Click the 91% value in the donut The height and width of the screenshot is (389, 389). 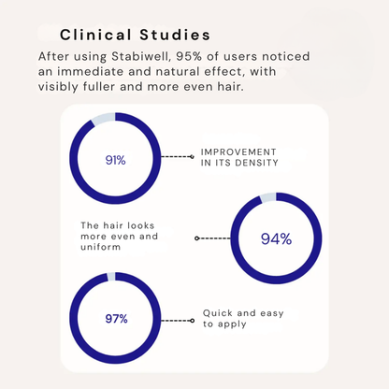tap(116, 160)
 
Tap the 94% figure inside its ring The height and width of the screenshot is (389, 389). tap(276, 239)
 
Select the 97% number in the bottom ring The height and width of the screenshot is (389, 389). tap(116, 319)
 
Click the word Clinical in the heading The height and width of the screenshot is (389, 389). tap(95, 35)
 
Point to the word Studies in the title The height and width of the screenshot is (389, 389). tap(175, 35)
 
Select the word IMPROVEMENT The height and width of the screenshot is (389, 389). tap(238, 152)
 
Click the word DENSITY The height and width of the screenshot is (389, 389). tap(256, 163)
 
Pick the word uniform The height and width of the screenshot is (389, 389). tap(100, 247)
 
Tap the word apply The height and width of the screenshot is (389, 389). tap(232, 324)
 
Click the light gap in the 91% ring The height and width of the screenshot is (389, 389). tap(104, 119)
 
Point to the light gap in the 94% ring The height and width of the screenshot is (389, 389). tap(267, 197)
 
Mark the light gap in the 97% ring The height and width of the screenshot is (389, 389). tap(111, 277)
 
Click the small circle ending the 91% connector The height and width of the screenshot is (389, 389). tap(192, 156)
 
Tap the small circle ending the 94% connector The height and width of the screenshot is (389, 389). tap(196, 238)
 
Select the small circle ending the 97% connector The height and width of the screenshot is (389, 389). tap(192, 321)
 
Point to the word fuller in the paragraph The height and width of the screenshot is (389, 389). tap(99, 86)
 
